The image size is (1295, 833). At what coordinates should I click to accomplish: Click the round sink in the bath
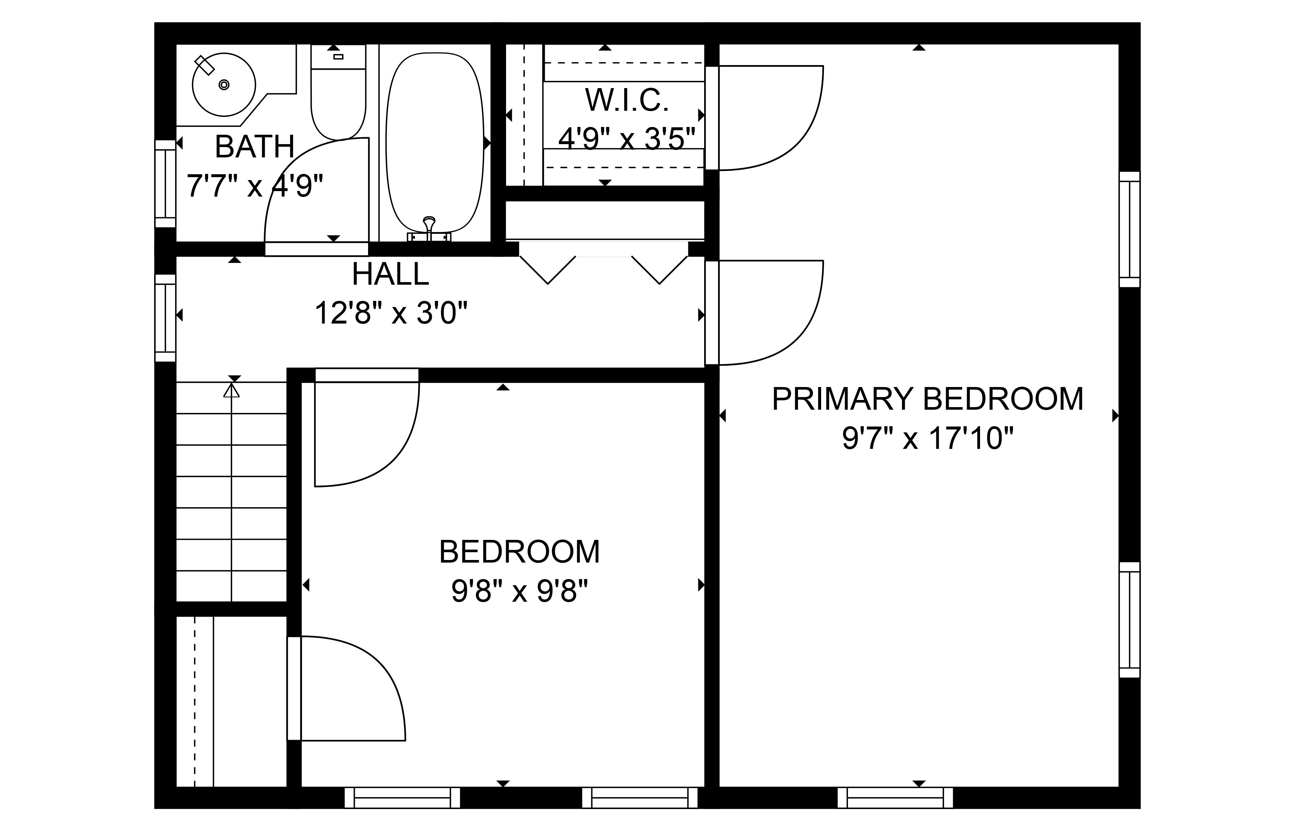[223, 85]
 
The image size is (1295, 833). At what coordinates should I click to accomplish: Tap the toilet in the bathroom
[339, 92]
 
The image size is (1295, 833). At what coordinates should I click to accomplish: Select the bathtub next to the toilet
[435, 143]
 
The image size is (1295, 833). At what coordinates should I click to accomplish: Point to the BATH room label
[255, 147]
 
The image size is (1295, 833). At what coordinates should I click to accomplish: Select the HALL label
[390, 274]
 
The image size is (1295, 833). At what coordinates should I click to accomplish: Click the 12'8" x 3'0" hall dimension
[391, 313]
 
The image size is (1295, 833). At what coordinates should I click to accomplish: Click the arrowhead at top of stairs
[231, 389]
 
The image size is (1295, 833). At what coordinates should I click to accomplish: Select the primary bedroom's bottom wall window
[895, 797]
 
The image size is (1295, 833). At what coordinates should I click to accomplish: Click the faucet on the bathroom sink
[204, 64]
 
